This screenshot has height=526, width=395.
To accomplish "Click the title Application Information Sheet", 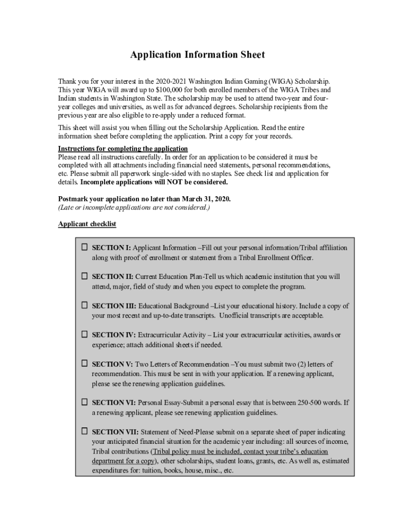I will point(197,55).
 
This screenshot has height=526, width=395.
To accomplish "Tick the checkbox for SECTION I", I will point(84,247).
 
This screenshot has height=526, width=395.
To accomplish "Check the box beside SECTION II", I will point(84,276).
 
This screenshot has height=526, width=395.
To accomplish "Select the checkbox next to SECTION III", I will point(84,305).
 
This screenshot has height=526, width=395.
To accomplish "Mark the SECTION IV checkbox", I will point(84,334).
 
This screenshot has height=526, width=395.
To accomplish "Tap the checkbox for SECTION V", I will point(84,364).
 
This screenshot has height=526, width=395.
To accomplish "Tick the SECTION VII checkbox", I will point(84,431).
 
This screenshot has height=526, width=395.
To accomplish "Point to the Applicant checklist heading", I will point(87,224).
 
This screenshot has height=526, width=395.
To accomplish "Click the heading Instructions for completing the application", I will point(123,149).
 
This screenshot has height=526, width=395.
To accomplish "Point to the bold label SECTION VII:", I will point(115,432).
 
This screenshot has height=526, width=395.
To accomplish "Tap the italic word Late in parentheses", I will point(68,208).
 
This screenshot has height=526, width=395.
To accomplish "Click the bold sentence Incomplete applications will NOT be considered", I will point(154,182).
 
